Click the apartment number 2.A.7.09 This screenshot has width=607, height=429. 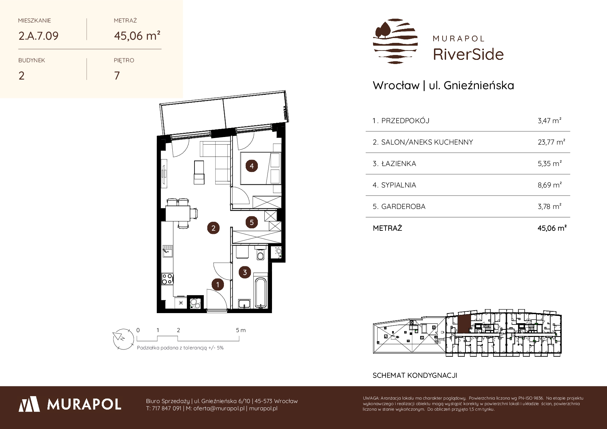(38, 36)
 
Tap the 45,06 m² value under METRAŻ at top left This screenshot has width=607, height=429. (137, 36)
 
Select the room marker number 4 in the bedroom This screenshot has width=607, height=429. (252, 166)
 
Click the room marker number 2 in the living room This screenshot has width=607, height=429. (213, 228)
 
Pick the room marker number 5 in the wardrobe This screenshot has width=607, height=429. (252, 222)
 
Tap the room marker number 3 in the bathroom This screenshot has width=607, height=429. (245, 272)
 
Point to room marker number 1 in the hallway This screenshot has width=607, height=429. (218, 285)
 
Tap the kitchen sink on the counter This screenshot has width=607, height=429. (168, 252)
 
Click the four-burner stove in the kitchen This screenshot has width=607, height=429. (167, 279)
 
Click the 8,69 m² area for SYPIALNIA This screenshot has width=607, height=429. (550, 185)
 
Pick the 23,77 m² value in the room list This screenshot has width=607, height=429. (551, 142)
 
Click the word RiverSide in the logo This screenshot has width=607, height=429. (468, 54)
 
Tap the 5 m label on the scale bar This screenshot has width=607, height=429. (241, 330)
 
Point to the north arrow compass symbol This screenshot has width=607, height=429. (123, 337)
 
